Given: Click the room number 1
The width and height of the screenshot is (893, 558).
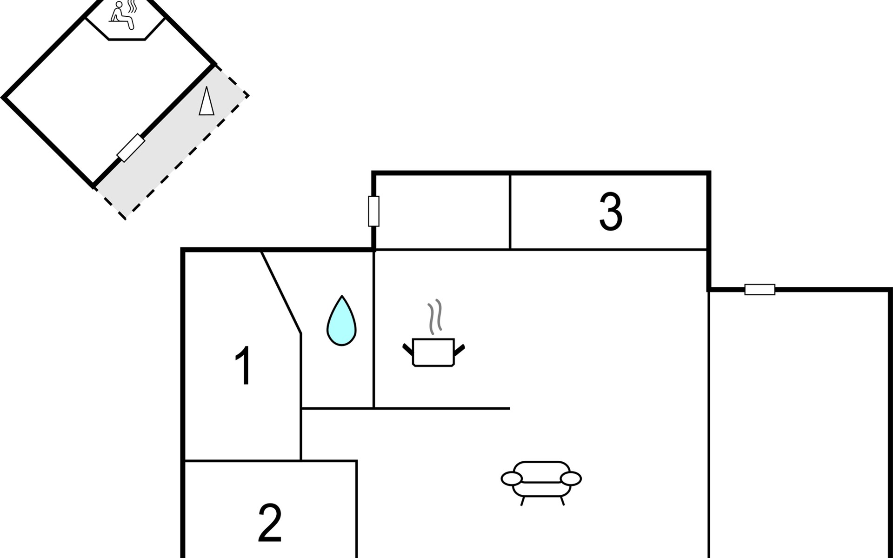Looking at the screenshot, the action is (244, 365).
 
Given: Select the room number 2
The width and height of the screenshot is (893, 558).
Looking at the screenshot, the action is (270, 523).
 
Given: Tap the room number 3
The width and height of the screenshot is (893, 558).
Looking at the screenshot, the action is (611, 212).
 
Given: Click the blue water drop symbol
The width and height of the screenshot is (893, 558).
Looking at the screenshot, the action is (341, 321).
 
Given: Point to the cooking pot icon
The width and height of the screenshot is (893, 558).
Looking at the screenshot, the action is (433, 352).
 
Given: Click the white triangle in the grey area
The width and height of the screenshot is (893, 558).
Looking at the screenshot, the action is (207, 101).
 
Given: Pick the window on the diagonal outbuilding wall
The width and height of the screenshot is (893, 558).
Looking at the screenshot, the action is (131, 148).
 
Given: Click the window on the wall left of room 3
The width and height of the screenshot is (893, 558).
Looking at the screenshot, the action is (373, 211).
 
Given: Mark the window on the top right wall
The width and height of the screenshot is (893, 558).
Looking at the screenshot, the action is (760, 289).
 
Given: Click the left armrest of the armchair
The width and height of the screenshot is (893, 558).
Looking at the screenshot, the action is (512, 478).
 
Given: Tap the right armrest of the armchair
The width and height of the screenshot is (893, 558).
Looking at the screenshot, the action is (571, 478).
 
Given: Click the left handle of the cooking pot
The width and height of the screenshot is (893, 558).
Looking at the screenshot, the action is (408, 350).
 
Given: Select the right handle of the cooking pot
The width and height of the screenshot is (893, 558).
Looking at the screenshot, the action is (459, 350).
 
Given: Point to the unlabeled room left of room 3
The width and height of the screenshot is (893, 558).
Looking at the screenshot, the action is (442, 212).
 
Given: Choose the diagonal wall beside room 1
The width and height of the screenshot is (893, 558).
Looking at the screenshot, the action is (281, 292).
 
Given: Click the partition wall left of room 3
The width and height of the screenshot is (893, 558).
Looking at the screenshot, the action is (510, 212).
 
